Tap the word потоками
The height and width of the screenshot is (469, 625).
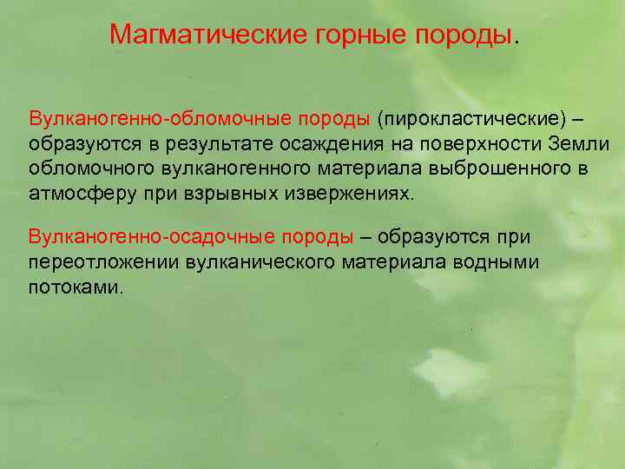click(76, 287)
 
